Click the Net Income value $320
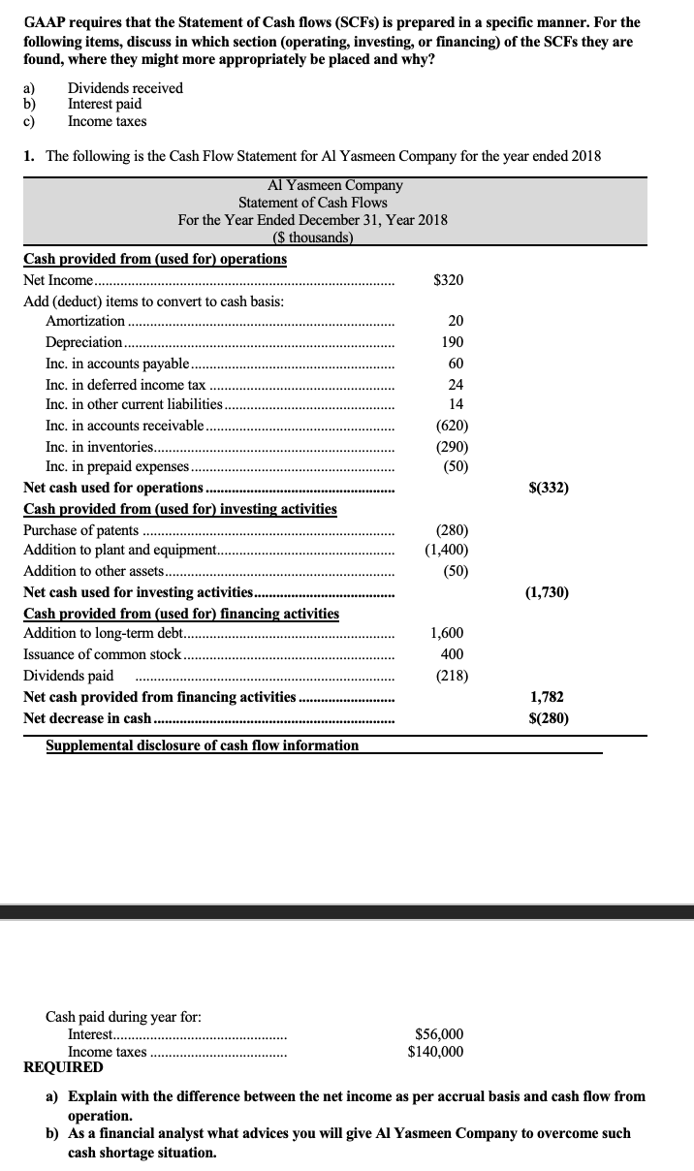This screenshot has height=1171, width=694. (x=448, y=280)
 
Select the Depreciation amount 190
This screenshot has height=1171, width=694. (x=452, y=342)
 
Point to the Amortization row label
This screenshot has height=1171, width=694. (x=85, y=321)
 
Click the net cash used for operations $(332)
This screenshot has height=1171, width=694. (x=548, y=488)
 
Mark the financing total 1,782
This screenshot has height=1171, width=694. (x=547, y=697)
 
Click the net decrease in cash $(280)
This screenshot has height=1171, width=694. (x=548, y=718)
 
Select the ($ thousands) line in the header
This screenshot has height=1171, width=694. (x=314, y=237)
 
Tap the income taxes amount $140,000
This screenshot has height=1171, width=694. (x=435, y=1052)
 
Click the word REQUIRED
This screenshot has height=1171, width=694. (x=63, y=1067)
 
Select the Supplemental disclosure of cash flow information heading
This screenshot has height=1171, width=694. (x=202, y=745)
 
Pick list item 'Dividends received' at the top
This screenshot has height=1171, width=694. (x=125, y=88)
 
